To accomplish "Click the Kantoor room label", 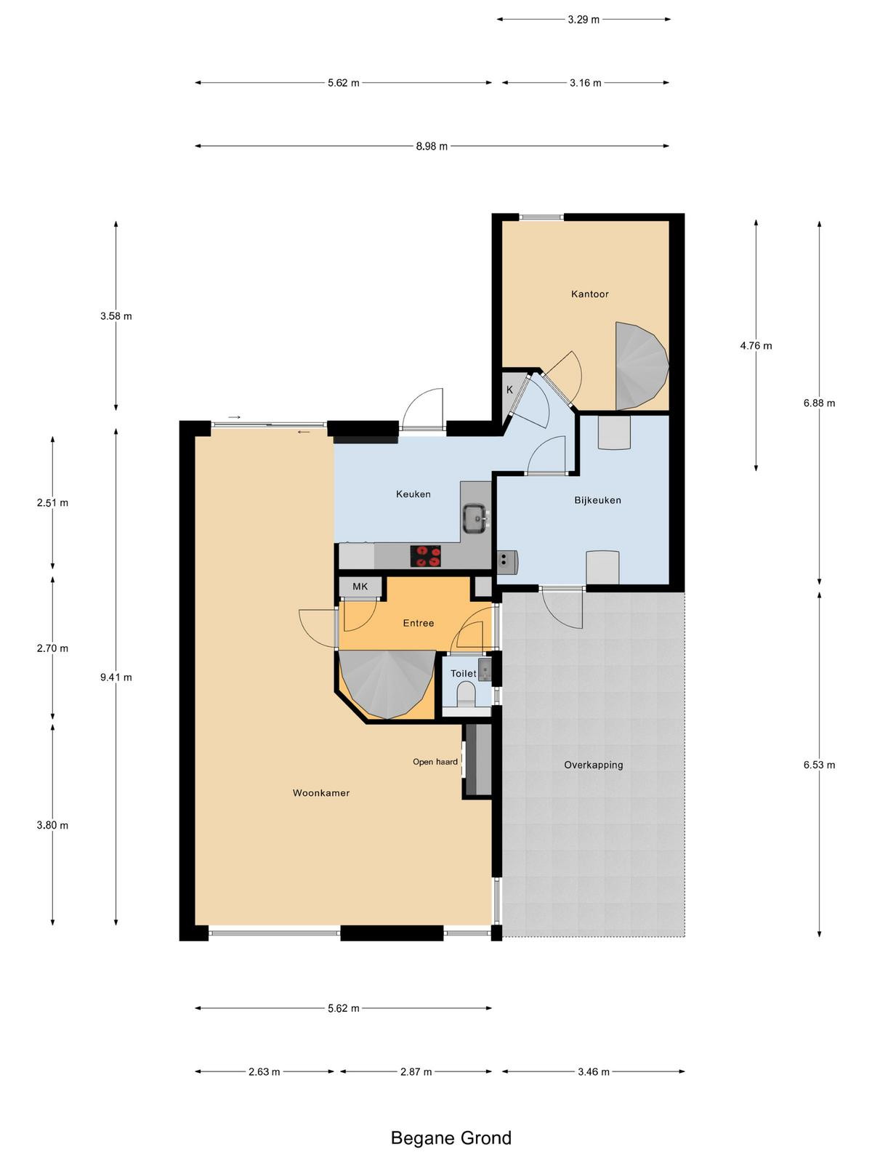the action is point(589,294).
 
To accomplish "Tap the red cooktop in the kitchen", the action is point(425,556).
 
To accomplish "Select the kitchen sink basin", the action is point(475,518).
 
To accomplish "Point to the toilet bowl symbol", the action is point(466,694).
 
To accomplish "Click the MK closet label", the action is point(360,587).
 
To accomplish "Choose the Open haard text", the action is point(435,762).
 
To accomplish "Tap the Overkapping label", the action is point(593,765).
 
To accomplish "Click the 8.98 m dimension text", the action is point(432,146).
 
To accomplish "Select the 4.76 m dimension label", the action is point(756,346).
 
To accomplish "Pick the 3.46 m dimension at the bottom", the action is point(593,1072).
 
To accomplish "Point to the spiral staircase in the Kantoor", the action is point(642,366).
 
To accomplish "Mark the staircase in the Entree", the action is point(387,683).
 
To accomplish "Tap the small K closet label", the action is point(509,390).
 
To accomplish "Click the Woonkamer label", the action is point(321,793).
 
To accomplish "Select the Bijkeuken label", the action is point(597,500).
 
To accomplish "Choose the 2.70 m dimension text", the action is point(52,648).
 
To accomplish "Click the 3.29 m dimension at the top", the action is point(584,20).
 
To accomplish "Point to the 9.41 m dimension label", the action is point(116,677).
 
